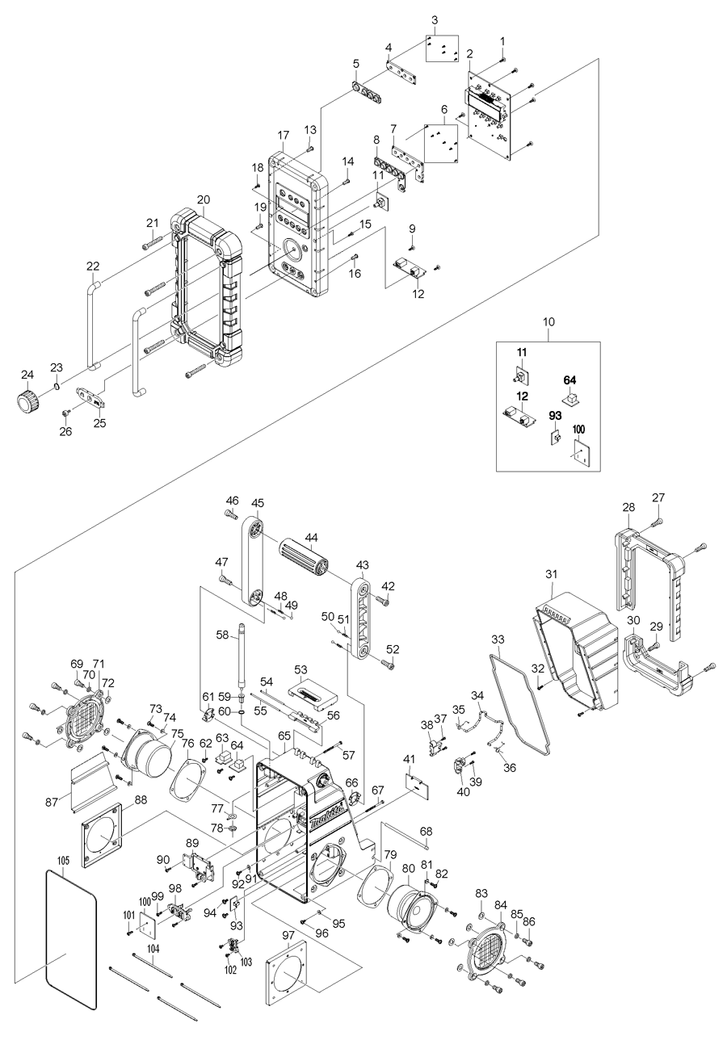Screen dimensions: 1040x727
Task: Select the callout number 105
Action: (x=65, y=862)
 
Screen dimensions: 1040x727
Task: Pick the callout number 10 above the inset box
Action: (x=548, y=321)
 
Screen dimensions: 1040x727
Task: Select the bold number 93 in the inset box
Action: (x=555, y=416)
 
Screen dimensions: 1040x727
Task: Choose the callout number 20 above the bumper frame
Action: (x=203, y=199)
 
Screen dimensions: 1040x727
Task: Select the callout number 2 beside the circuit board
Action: (x=469, y=53)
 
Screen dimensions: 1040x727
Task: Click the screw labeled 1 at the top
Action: (x=502, y=59)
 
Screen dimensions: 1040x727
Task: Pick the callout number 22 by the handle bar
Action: (x=93, y=266)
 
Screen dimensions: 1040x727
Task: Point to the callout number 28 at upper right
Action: (x=628, y=507)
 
